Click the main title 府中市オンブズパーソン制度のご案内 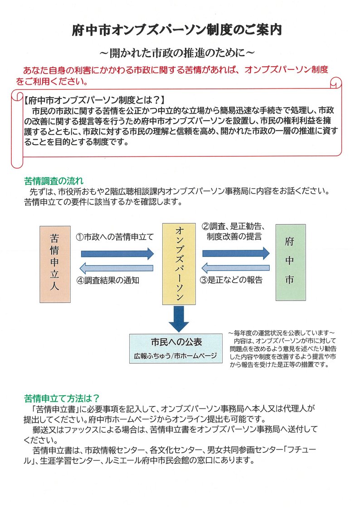click(177, 30)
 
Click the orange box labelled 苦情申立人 click(55, 263)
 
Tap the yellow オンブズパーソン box click(179, 263)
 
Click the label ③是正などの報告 click(231, 280)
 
